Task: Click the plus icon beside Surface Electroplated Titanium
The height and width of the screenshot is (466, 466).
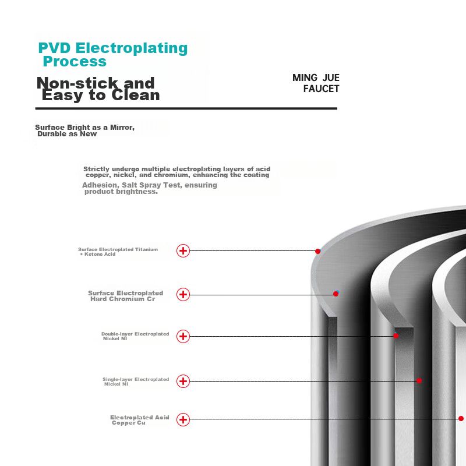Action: pos(183,251)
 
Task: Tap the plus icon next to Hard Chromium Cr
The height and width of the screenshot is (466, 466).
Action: pos(183,295)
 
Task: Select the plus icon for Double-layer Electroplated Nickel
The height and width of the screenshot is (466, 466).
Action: pos(183,337)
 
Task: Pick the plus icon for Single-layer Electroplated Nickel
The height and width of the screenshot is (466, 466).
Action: pos(183,382)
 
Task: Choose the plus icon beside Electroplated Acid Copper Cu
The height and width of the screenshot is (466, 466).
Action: pos(183,419)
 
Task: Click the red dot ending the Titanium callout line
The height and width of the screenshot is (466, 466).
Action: pos(317,252)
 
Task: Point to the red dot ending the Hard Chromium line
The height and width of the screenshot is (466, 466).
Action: pos(336,294)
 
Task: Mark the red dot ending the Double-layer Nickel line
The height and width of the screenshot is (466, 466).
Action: pos(396,336)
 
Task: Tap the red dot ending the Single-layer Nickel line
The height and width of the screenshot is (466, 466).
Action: pos(419,381)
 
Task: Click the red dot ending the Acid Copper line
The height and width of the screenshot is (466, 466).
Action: pos(461,419)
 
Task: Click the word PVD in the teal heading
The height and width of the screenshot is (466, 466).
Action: pos(54,48)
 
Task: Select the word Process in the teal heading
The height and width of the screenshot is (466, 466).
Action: pos(75,62)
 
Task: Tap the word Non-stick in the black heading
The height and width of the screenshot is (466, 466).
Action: pos(77,83)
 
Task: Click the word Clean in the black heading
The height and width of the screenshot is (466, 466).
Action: pos(136,95)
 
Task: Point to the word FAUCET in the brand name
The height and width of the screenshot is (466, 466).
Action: pos(322,89)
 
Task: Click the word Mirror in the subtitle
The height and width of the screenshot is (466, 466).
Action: pos(122,128)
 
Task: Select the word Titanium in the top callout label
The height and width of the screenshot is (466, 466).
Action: pos(147,249)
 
